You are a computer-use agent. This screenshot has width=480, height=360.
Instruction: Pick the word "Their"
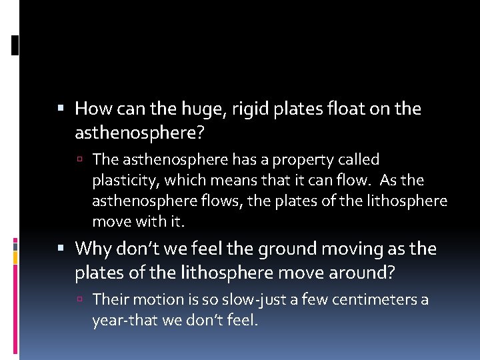(x=109, y=300)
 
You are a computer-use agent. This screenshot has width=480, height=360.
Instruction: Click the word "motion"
(x=154, y=300)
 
